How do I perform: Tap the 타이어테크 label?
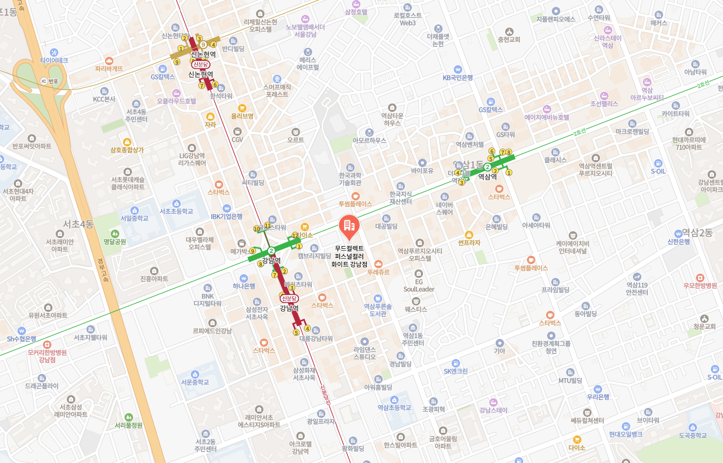click(x=54, y=60)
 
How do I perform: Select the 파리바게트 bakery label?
click(x=109, y=68)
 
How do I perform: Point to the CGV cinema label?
click(x=237, y=139)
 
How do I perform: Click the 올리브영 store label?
click(x=242, y=116)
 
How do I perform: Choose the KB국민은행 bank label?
click(x=458, y=77)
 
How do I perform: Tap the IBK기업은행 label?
click(x=226, y=216)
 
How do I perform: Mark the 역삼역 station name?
click(x=487, y=177)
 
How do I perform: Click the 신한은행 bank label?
click(x=679, y=241)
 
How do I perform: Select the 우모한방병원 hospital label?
click(x=700, y=285)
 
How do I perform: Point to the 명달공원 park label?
click(x=115, y=241)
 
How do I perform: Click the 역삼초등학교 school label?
click(x=394, y=407)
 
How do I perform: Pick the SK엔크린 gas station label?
click(x=456, y=371)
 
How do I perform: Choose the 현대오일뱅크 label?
click(x=625, y=434)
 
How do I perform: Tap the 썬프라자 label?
click(x=469, y=242)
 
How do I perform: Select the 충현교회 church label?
click(x=509, y=39)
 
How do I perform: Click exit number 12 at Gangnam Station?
click(x=295, y=235)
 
